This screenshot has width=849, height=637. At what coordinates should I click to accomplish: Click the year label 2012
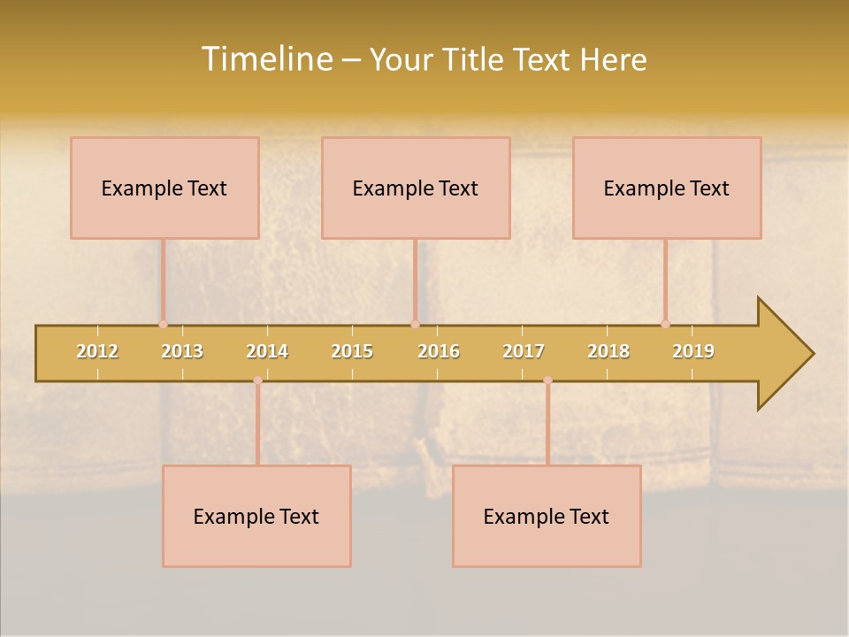(97, 351)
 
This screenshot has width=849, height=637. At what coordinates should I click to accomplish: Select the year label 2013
(182, 351)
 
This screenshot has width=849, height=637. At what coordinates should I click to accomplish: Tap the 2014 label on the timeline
(267, 351)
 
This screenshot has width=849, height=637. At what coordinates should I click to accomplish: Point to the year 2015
(352, 351)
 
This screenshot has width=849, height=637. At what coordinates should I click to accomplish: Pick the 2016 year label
(439, 351)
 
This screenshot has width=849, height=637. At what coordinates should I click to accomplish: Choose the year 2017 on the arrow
(524, 351)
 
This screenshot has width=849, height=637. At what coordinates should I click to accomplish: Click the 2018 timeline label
(608, 351)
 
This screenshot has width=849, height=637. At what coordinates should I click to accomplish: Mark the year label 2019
(693, 351)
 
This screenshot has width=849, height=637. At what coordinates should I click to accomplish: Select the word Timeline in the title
(266, 59)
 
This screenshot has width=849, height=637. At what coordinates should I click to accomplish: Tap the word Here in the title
(613, 59)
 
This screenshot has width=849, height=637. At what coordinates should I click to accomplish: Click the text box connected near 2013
(164, 188)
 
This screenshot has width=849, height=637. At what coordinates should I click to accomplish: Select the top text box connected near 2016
(416, 188)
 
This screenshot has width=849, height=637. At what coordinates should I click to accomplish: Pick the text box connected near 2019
(667, 188)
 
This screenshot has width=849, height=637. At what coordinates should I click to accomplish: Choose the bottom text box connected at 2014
(256, 516)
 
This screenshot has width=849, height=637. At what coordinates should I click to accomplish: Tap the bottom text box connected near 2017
(547, 516)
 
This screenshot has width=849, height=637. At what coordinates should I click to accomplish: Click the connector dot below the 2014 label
(257, 380)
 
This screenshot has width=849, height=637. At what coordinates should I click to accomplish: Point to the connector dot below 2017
(547, 380)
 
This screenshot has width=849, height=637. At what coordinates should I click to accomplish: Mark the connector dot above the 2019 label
(665, 324)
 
